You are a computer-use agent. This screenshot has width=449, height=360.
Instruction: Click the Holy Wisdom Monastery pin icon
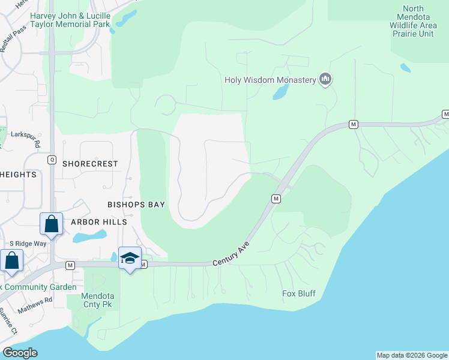[x=326, y=79]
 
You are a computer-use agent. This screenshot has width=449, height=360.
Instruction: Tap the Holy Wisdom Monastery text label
[x=270, y=80]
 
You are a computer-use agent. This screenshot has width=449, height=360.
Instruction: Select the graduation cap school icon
[x=130, y=258]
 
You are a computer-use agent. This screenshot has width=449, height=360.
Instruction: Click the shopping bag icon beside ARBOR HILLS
[x=52, y=224]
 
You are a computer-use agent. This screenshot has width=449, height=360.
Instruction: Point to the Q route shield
[x=52, y=160]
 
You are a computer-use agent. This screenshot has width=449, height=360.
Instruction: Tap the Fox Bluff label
[x=299, y=294]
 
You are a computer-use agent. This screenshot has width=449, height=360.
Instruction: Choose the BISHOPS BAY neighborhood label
[x=136, y=205]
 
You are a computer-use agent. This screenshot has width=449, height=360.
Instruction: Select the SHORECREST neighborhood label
[x=90, y=164]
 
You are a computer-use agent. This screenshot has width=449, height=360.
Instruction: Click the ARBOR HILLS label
[x=99, y=222]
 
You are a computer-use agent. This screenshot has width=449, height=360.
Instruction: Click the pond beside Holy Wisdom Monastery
[x=280, y=92]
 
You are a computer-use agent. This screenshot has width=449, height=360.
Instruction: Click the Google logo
[x=20, y=353]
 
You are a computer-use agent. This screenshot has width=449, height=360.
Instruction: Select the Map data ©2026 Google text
[x=411, y=355]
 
